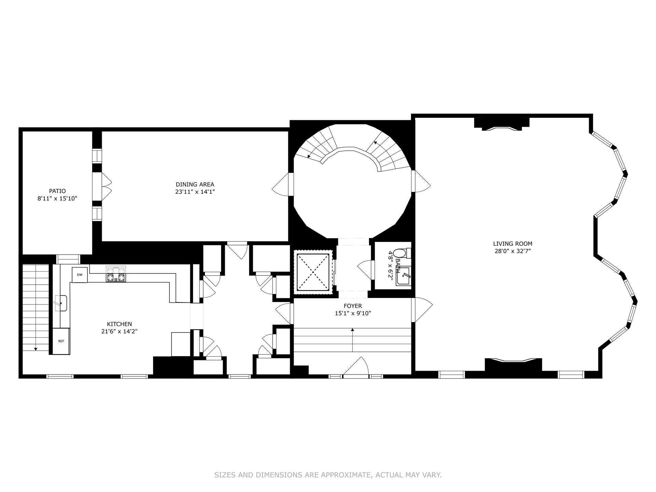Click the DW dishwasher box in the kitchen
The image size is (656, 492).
79,275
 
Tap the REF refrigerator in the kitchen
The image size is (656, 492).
61,341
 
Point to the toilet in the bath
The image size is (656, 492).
399,254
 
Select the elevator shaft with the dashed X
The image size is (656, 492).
313,272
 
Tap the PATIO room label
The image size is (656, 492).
57,191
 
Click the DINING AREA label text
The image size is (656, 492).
195,184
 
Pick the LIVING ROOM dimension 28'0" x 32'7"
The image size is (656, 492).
512,251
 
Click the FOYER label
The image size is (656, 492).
353,306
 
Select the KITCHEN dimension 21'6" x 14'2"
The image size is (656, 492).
119,331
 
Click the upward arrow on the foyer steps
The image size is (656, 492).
352,330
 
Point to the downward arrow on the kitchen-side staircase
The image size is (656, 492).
36,348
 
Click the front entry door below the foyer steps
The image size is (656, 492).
356,367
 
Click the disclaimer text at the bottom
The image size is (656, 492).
328,475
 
